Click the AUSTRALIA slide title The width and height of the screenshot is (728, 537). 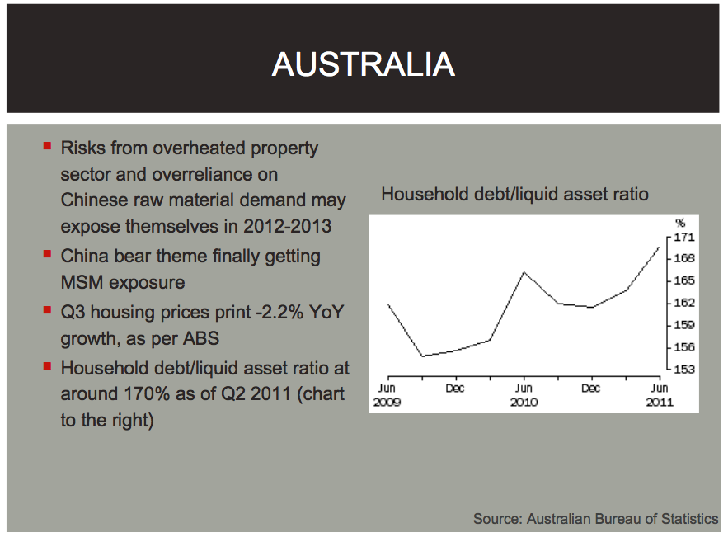coord(363,64)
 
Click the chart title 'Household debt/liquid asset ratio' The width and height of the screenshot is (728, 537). coord(515,194)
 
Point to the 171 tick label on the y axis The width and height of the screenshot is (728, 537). coord(684,238)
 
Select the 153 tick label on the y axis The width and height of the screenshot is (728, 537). coord(684,370)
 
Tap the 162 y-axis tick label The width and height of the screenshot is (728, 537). coord(684,303)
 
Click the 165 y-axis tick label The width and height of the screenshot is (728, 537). coord(684,280)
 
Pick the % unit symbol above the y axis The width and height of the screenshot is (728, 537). coord(680,223)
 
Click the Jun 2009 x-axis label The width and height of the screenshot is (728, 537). coord(387,395)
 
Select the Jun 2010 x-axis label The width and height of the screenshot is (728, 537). coord(524,395)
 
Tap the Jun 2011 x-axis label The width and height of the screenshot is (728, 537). coord(660,395)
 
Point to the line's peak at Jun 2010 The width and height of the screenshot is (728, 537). coord(524,271)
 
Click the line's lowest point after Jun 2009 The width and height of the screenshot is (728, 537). coord(422,356)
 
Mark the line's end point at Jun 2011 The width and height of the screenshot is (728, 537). coord(659,247)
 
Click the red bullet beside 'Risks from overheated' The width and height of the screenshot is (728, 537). coord(47,146)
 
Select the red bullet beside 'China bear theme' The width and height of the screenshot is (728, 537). coord(47,253)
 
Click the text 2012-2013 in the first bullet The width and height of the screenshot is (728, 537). coord(288,226)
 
